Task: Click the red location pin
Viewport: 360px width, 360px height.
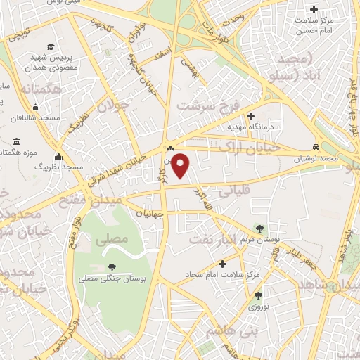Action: (182, 165)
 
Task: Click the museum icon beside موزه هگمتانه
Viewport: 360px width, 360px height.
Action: (16, 142)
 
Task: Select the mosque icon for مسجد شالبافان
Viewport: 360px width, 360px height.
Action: (35, 108)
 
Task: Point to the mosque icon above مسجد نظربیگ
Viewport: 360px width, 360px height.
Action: (58, 157)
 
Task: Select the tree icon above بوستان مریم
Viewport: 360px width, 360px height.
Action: (261, 229)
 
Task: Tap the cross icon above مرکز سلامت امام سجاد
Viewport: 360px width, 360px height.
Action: (223, 264)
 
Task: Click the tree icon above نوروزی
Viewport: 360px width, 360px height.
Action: (258, 296)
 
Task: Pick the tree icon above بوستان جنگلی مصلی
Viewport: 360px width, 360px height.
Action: (112, 266)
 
